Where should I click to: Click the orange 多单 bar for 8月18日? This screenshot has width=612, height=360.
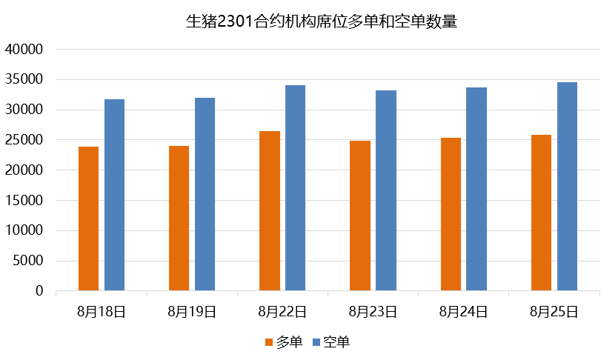click(88, 219)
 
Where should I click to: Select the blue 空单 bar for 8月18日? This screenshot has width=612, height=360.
click(114, 195)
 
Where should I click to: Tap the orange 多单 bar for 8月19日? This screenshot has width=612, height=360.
click(179, 219)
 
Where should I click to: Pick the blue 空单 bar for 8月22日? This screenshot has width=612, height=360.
click(295, 188)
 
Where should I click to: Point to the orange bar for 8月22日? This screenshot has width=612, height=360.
click(270, 211)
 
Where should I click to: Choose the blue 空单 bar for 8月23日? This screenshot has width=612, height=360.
click(386, 190)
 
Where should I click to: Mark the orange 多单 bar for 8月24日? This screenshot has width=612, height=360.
click(450, 214)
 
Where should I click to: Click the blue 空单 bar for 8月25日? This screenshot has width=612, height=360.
click(567, 187)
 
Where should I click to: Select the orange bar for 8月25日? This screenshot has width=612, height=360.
click(542, 213)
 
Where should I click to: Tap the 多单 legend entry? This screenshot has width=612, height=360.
click(284, 341)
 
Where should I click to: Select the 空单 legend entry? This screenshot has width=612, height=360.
click(330, 341)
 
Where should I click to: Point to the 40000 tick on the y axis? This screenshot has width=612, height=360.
click(25, 50)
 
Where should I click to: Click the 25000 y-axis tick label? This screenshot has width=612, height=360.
click(25, 140)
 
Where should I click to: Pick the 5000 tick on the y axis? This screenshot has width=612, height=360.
click(29, 261)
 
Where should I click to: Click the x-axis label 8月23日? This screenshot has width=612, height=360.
click(373, 312)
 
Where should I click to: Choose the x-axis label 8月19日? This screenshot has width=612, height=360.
click(192, 312)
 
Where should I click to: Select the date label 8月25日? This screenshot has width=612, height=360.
click(553, 312)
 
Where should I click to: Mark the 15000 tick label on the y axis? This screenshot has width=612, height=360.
click(25, 201)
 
